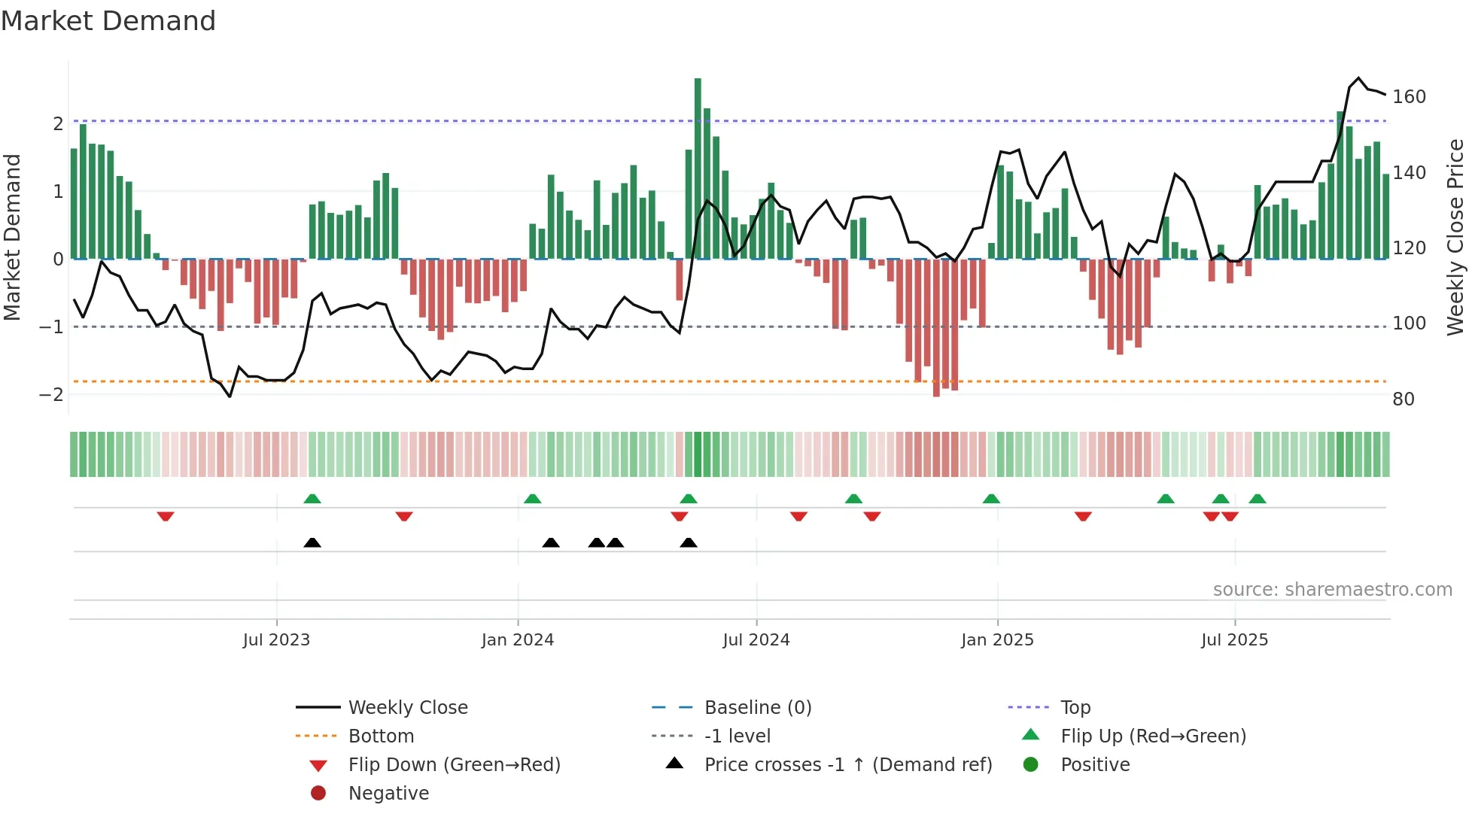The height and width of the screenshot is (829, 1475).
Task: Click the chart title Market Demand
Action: pyautogui.click(x=108, y=21)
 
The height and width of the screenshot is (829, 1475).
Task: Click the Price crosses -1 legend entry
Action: pyautogui.click(x=847, y=765)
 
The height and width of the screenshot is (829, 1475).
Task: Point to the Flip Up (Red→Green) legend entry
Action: pyautogui.click(x=1153, y=736)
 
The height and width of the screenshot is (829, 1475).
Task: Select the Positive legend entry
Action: pyautogui.click(x=1095, y=765)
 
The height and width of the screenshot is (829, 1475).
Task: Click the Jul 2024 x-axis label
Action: pyautogui.click(x=756, y=640)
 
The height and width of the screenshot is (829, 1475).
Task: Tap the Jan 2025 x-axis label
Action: pyautogui.click(x=997, y=640)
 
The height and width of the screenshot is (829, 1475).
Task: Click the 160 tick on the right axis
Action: pyautogui.click(x=1409, y=97)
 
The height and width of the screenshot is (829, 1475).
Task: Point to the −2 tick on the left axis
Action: pyautogui.click(x=51, y=395)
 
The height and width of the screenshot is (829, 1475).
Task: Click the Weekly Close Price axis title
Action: pyautogui.click(x=1455, y=237)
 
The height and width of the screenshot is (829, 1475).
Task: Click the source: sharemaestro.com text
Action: pyautogui.click(x=1332, y=590)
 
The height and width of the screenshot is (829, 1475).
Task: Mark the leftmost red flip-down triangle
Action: pyautogui.click(x=166, y=516)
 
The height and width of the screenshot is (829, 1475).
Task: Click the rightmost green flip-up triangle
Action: pyautogui.click(x=1258, y=499)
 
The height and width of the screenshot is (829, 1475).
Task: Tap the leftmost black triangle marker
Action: pyautogui.click(x=312, y=542)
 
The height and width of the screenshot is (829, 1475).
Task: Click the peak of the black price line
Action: pyautogui.click(x=1358, y=77)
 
